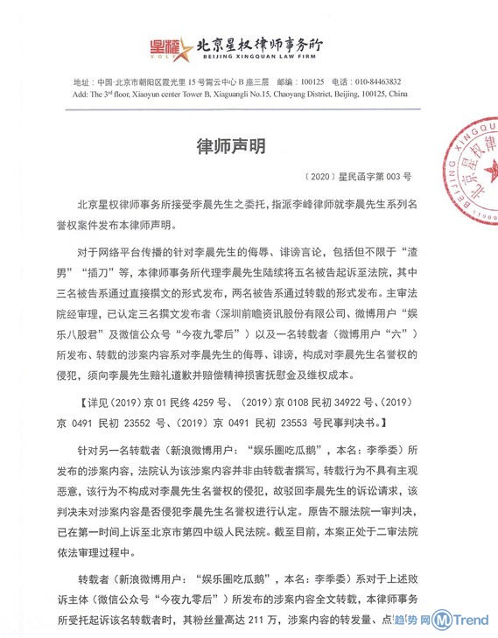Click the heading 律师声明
pyautogui.click(x=229, y=143)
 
